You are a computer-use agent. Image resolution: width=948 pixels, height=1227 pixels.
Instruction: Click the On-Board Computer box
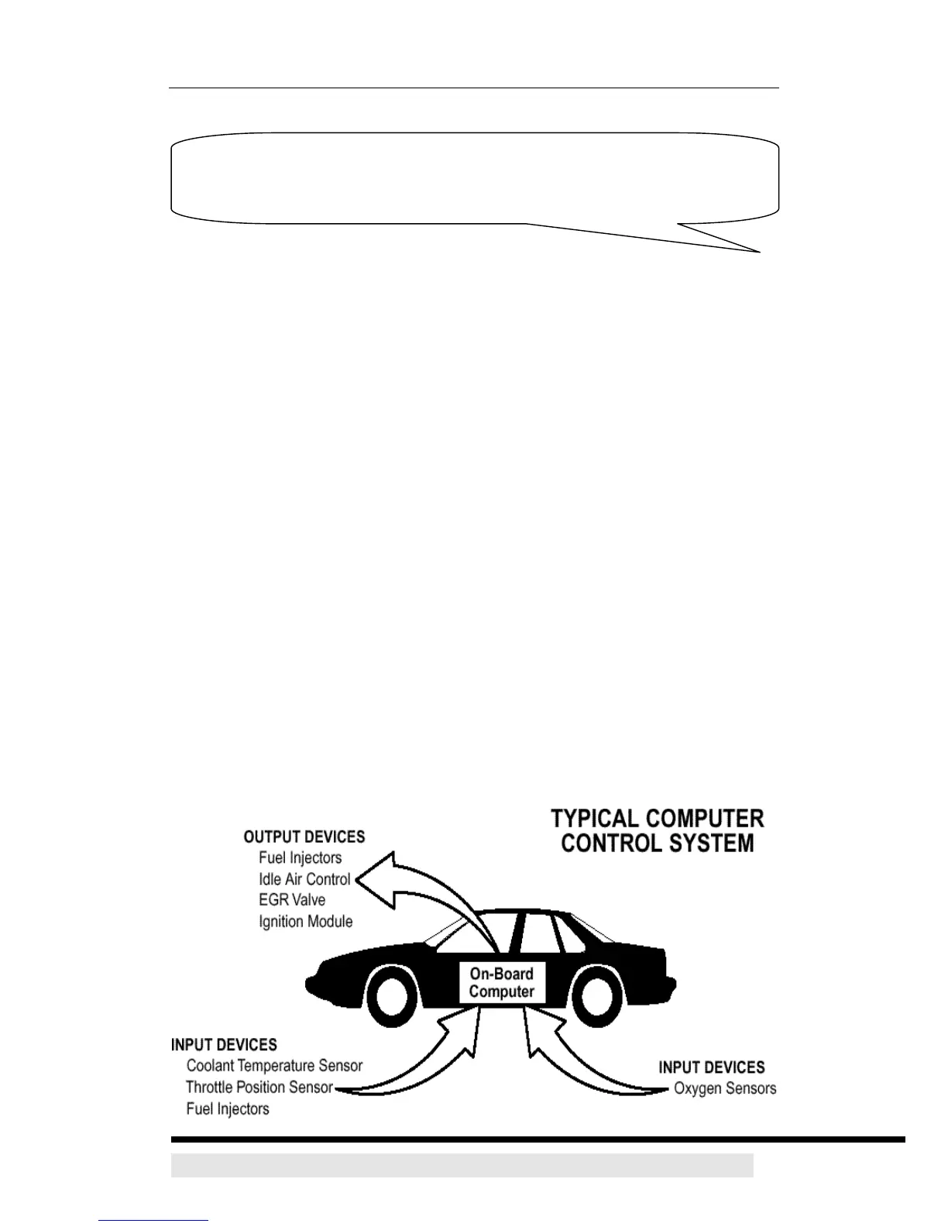tap(501, 983)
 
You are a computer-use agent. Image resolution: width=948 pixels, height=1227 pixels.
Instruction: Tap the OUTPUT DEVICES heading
tap(304, 837)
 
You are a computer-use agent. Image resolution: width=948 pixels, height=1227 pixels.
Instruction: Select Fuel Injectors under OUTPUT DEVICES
tap(300, 858)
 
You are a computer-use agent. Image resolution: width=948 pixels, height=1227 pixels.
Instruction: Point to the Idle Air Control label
tap(304, 880)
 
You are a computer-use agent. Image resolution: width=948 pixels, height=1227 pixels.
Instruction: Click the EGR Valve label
tap(292, 900)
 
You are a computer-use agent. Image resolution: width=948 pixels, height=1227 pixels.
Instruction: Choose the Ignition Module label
tap(305, 922)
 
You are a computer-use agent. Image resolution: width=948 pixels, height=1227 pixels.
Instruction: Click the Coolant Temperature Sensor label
tap(274, 1066)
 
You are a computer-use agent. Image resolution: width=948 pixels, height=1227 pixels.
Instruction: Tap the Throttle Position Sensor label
tap(259, 1088)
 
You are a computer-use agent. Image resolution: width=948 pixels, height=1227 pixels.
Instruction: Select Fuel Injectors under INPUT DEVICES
tap(228, 1109)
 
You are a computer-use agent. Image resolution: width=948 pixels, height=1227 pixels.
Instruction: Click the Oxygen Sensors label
tap(724, 1089)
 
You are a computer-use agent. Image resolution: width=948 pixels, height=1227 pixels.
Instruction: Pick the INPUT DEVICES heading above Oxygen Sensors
tap(711, 1067)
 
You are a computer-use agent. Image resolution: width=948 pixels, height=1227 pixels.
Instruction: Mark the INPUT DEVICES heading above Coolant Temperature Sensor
tap(224, 1045)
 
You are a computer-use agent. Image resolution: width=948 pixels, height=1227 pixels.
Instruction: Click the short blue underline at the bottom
tap(153, 1220)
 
